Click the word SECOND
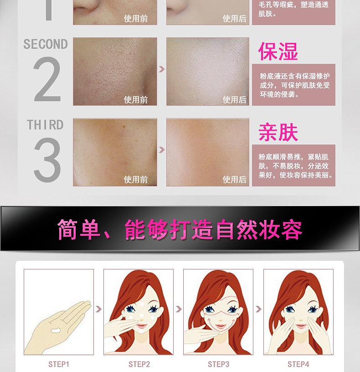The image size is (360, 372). pyautogui.click(x=46, y=44)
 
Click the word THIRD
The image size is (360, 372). pyautogui.click(x=45, y=125)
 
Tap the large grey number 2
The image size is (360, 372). pyautogui.click(x=47, y=79)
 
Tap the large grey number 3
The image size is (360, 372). pyautogui.click(x=47, y=160)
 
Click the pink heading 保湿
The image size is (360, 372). pyautogui.click(x=278, y=51)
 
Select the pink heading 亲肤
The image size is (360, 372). pyautogui.click(x=278, y=132)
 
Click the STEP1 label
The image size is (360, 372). pyautogui.click(x=59, y=364)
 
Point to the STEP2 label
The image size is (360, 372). pyautogui.click(x=139, y=364)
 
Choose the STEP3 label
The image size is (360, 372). pyautogui.click(x=218, y=364)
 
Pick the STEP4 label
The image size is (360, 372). pyautogui.click(x=298, y=364)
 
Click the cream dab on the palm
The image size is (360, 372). pyautogui.click(x=56, y=330)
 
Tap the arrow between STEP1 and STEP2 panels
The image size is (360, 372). pyautogui.click(x=98, y=309)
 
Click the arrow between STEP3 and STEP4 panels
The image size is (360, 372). pyautogui.click(x=258, y=309)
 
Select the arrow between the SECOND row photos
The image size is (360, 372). pyautogui.click(x=161, y=69)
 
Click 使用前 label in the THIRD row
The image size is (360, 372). pyautogui.click(x=136, y=180)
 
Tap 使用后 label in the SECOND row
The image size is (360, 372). pyautogui.click(x=234, y=100)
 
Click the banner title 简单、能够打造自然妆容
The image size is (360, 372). pyautogui.click(x=180, y=229)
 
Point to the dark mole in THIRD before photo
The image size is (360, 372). pyautogui.click(x=124, y=127)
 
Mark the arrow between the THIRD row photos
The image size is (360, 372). pyautogui.click(x=161, y=150)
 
